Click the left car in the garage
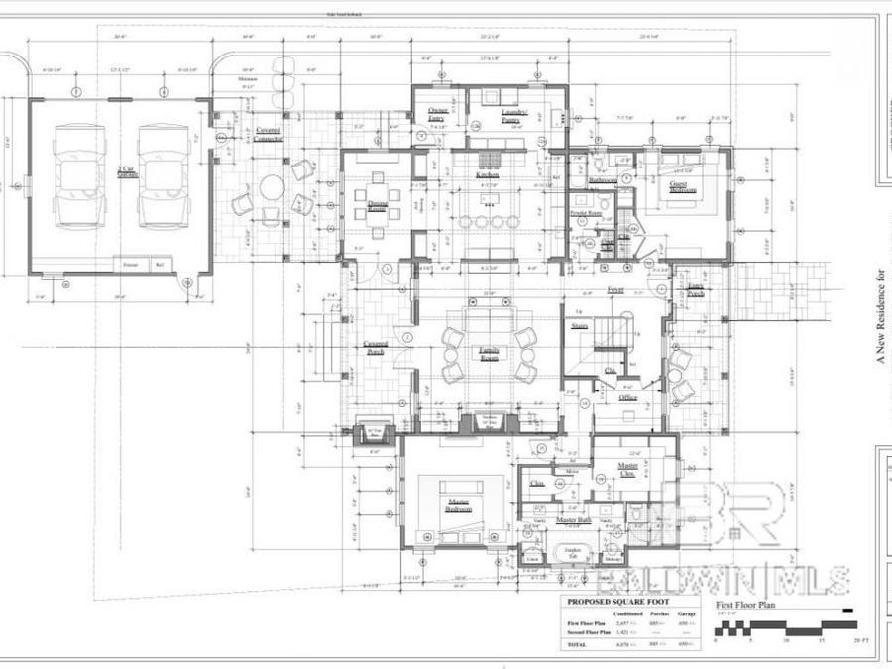pos(79,176)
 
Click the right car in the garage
pos(163,176)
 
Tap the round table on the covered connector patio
pos(270,188)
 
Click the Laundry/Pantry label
pos(513,117)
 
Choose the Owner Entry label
pos(437,114)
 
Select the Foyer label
pos(614,291)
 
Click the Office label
pos(627,397)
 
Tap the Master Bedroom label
pos(459,505)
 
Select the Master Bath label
pos(573,520)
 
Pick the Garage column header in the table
pos(685,613)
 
